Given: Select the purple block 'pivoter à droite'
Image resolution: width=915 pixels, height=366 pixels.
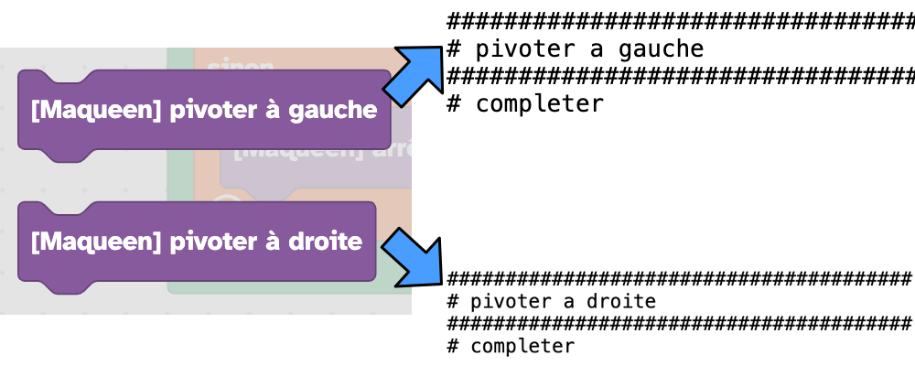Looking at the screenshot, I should [196, 243].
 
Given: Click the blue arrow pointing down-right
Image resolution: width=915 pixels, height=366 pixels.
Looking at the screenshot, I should [413, 257].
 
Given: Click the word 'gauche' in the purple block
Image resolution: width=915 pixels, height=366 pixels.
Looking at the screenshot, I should [333, 111].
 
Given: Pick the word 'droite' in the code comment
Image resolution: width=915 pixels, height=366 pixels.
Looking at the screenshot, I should [621, 301].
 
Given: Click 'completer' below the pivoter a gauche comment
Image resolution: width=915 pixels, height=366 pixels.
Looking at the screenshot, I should [539, 103].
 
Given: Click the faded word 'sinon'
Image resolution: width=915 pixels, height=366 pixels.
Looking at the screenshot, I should [241, 65].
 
